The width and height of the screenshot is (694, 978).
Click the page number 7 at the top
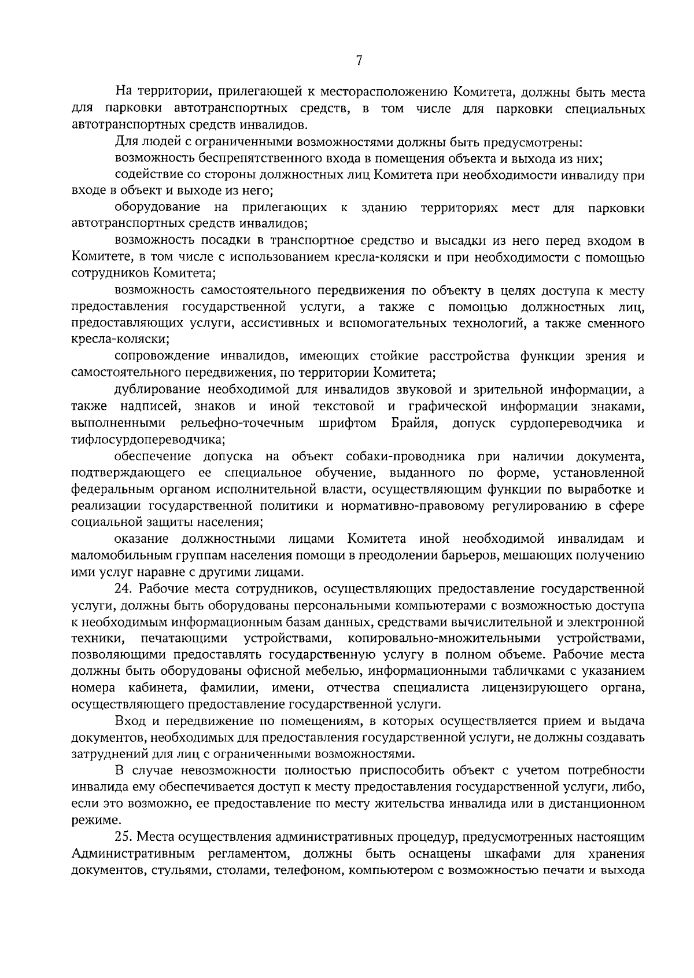359,61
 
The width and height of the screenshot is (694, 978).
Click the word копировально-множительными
445,639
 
